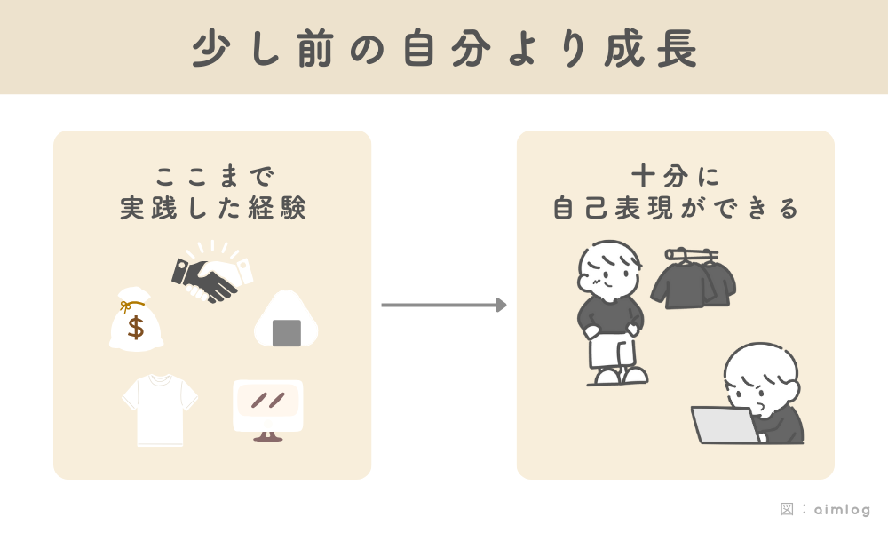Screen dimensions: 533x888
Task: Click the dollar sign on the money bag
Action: pyautogui.click(x=135, y=327)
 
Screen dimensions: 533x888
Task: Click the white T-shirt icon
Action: pyautogui.click(x=160, y=410)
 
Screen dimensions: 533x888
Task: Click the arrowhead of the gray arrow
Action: pyautogui.click(x=502, y=306)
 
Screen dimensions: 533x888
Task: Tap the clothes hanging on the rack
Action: pyautogui.click(x=694, y=280)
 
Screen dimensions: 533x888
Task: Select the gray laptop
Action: pyautogui.click(x=725, y=425)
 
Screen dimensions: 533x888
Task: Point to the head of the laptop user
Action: pyautogui.click(x=760, y=374)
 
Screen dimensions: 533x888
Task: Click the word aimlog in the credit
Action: pyautogui.click(x=843, y=510)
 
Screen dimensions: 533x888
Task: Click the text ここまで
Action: pyautogui.click(x=212, y=172)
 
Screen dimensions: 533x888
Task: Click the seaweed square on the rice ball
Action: pyautogui.click(x=286, y=332)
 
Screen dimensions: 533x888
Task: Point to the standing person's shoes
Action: pyautogui.click(x=618, y=377)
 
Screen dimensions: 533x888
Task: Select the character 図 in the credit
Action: pyautogui.click(x=787, y=510)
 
